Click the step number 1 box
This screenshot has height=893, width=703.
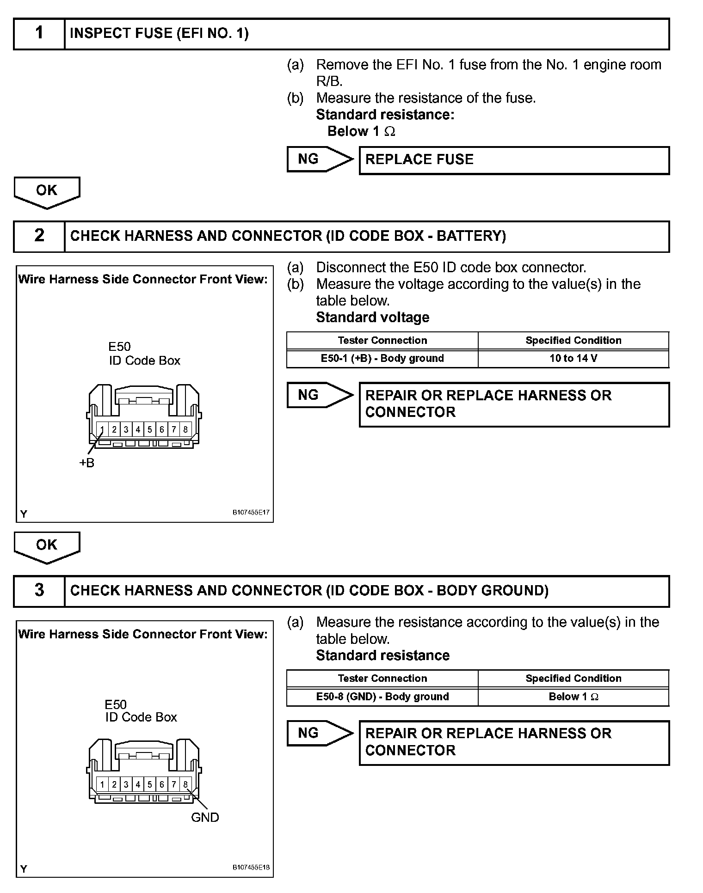[x=39, y=33]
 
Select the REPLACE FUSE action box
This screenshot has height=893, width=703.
[x=514, y=160]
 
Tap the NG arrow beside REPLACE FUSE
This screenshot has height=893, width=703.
[x=319, y=159]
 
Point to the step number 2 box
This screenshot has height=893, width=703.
[x=39, y=236]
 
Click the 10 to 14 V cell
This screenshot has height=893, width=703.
[x=573, y=358]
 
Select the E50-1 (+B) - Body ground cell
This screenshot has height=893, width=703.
[x=382, y=358]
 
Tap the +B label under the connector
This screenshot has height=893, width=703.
[x=86, y=463]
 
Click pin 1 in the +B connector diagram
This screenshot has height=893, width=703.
[x=102, y=429]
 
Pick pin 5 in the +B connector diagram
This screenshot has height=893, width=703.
[x=150, y=429]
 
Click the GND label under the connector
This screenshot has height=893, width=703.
[x=205, y=817]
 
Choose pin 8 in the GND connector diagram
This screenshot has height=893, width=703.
[x=185, y=784]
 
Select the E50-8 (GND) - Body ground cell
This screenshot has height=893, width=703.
[x=382, y=697]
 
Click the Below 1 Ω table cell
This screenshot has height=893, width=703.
[x=573, y=697]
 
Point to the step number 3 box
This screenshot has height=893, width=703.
[x=39, y=590]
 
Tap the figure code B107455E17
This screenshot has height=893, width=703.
[x=251, y=513]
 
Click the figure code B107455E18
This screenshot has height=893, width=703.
[x=251, y=868]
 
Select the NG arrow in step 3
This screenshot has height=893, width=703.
[x=319, y=733]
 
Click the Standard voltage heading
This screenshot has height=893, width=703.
[x=372, y=318]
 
